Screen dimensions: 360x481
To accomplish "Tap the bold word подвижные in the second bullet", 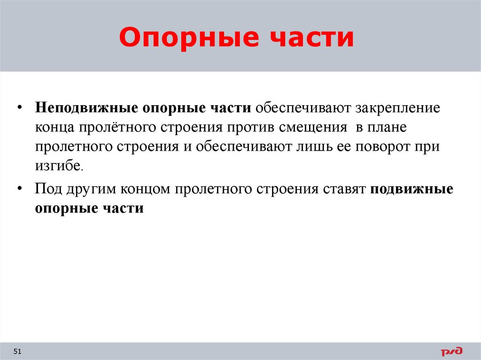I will pyautogui.click(x=412, y=189).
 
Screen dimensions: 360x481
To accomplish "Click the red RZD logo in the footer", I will pyautogui.click(x=451, y=351).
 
